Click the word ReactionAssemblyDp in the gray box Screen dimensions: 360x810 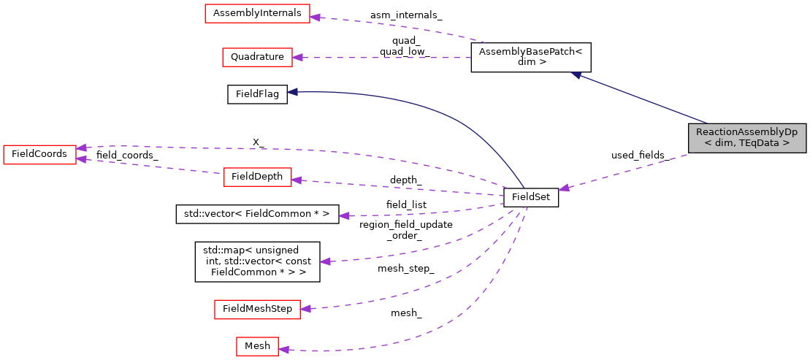point(746,132)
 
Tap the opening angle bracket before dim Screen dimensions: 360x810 point(708,144)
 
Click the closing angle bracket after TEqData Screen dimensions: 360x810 point(786,144)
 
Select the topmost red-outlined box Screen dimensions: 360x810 point(257,14)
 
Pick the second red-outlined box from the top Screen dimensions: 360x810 point(257,58)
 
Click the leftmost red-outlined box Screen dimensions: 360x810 point(39,155)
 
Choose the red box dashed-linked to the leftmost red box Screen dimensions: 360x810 point(257,177)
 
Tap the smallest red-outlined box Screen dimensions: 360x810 point(257,347)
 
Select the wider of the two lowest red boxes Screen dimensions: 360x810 point(257,310)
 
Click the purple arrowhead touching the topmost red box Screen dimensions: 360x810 point(315,16)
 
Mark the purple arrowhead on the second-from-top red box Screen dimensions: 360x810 point(297,57)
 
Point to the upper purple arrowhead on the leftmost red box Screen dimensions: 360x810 point(81,148)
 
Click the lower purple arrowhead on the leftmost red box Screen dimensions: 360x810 point(81,158)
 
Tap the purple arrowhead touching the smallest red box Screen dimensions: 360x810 point(283,350)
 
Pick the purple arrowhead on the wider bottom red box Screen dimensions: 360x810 point(305,309)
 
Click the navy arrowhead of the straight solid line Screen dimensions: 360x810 point(576,74)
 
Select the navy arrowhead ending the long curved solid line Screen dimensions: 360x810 point(291,92)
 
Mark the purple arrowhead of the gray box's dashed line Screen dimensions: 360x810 point(564,188)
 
